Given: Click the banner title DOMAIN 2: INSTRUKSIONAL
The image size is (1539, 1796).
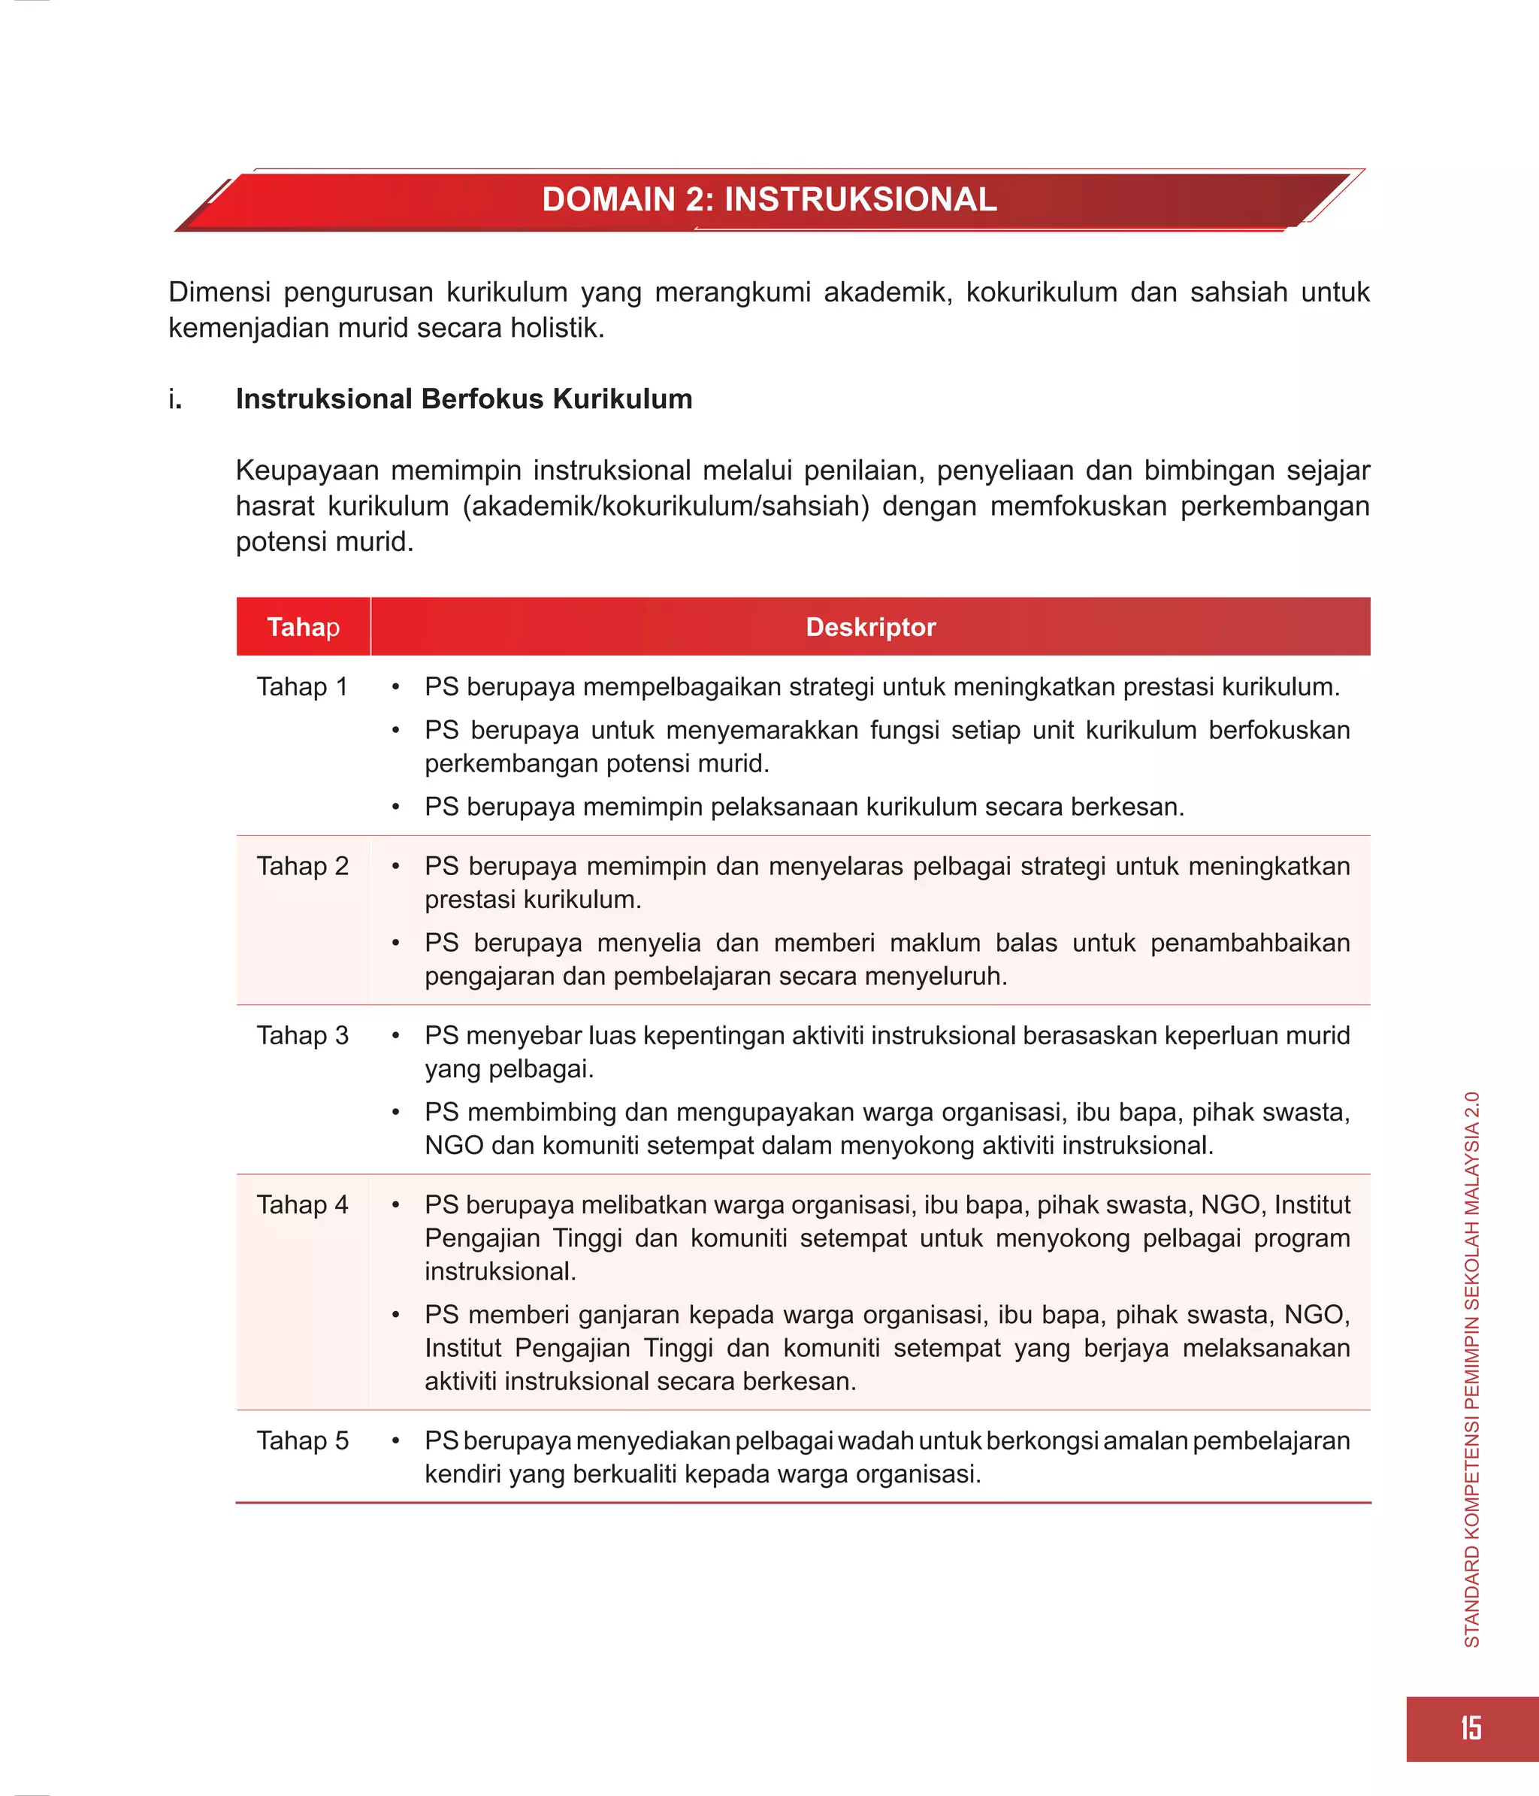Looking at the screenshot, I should point(769,199).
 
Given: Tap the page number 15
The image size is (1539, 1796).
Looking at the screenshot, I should point(1471,1728).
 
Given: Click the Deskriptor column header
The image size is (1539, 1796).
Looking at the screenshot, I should point(870,627).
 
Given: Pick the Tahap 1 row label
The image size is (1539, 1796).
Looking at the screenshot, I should point(301,686).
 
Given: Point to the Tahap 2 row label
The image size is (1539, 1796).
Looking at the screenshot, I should point(301,866).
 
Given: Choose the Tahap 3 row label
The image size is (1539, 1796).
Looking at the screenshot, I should point(301,1035).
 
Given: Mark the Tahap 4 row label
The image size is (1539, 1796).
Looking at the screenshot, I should point(301,1204).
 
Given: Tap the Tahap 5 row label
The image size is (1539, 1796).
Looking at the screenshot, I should point(301,1440).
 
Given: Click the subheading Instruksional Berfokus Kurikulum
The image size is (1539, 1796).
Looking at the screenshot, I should point(464,398).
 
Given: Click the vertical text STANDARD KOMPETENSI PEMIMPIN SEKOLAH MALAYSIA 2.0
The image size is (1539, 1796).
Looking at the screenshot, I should point(1471,1370).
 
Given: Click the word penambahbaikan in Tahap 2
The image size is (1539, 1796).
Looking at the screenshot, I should point(1250,942).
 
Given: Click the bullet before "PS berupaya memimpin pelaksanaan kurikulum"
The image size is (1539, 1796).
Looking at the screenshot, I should point(395,807).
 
